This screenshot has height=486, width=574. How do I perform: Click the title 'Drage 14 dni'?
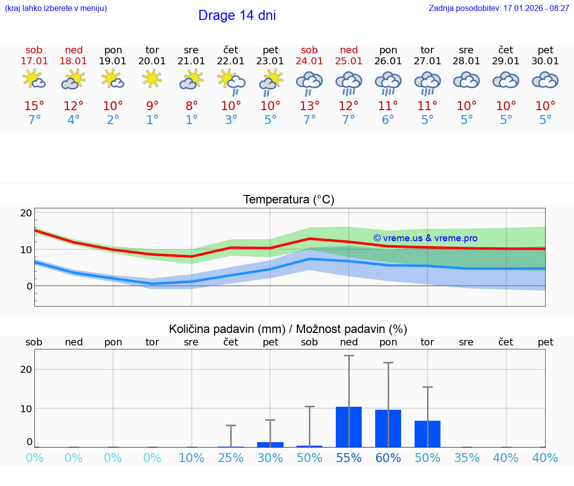(x=237, y=15)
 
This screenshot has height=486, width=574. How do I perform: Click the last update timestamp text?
(x=499, y=8)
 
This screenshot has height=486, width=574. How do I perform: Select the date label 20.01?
(x=152, y=61)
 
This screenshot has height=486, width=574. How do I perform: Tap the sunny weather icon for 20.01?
(x=152, y=79)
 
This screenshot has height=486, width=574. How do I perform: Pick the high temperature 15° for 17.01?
(x=34, y=106)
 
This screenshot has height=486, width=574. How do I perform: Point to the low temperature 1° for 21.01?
(x=191, y=120)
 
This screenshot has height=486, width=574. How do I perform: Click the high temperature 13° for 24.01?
(x=309, y=106)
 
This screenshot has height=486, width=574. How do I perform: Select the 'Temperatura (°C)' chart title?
(x=288, y=200)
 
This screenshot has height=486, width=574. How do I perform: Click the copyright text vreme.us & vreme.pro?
(x=425, y=238)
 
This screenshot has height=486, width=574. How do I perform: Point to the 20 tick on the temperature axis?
(x=26, y=213)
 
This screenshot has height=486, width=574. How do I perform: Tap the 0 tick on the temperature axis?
(x=29, y=286)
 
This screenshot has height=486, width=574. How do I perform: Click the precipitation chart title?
(x=288, y=329)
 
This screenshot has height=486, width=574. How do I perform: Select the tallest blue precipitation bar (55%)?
(x=348, y=427)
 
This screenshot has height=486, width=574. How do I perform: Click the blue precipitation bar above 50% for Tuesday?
(x=427, y=434)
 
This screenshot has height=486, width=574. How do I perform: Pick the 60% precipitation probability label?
(x=388, y=458)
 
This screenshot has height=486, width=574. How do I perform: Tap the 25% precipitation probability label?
(x=231, y=458)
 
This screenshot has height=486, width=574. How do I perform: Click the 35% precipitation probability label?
(x=466, y=458)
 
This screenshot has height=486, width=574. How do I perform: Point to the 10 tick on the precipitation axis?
(x=26, y=408)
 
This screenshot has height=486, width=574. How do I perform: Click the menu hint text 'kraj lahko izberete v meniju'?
(x=56, y=8)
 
